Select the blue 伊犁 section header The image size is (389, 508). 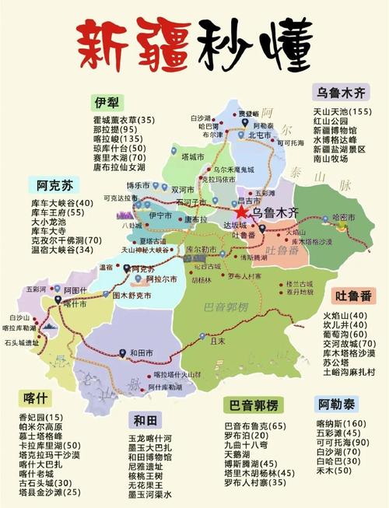tap(107, 103)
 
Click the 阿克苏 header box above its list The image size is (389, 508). tap(54, 185)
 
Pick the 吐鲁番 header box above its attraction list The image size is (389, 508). tap(353, 296)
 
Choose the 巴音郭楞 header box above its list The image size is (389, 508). tap(254, 406)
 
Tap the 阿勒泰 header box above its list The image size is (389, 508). tap(338, 405)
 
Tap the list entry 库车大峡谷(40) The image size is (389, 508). tap(63, 202)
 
